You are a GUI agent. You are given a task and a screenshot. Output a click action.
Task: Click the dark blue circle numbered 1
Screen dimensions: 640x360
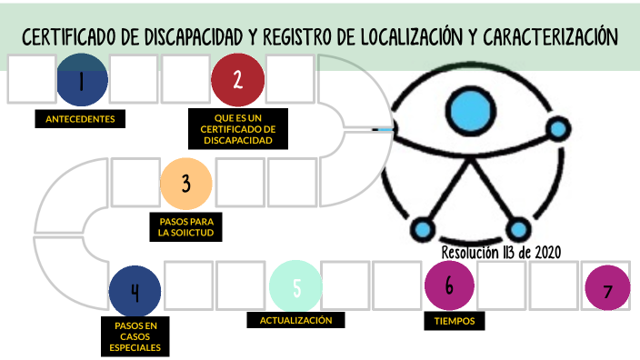click(x=82, y=80)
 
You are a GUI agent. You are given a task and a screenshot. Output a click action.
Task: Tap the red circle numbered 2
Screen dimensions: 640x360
click(x=237, y=80)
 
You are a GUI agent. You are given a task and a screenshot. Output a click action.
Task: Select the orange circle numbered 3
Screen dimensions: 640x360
click(x=185, y=183)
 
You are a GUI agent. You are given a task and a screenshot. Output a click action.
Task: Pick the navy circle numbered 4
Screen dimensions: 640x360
click(x=135, y=291)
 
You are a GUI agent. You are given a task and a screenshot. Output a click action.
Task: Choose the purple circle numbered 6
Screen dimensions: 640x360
click(x=450, y=285)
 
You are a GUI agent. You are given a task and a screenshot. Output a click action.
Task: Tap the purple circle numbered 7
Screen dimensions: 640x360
click(x=608, y=290)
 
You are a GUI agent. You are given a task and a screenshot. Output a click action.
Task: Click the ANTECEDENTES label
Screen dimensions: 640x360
click(x=79, y=119)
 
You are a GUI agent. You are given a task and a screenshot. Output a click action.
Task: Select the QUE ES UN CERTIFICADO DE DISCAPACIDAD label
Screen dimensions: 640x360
click(x=237, y=129)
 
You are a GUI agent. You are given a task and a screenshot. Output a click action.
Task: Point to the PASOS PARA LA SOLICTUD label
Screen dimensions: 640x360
click(x=185, y=226)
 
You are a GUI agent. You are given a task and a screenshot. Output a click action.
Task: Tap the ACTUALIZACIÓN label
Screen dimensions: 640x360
click(x=295, y=320)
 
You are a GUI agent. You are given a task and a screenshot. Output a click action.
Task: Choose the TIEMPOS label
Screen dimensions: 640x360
click(x=455, y=320)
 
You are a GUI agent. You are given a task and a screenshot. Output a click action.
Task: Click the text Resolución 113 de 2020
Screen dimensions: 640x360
click(x=501, y=252)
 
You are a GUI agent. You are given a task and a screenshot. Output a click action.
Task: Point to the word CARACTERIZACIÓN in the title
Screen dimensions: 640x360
click(x=551, y=37)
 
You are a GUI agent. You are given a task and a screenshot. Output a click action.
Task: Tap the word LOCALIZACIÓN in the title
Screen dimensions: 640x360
click(x=412, y=37)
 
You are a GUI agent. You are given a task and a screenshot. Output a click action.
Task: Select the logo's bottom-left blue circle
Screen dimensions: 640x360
click(x=421, y=228)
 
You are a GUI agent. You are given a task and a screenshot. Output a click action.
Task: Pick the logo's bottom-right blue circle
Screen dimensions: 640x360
click(x=518, y=228)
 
